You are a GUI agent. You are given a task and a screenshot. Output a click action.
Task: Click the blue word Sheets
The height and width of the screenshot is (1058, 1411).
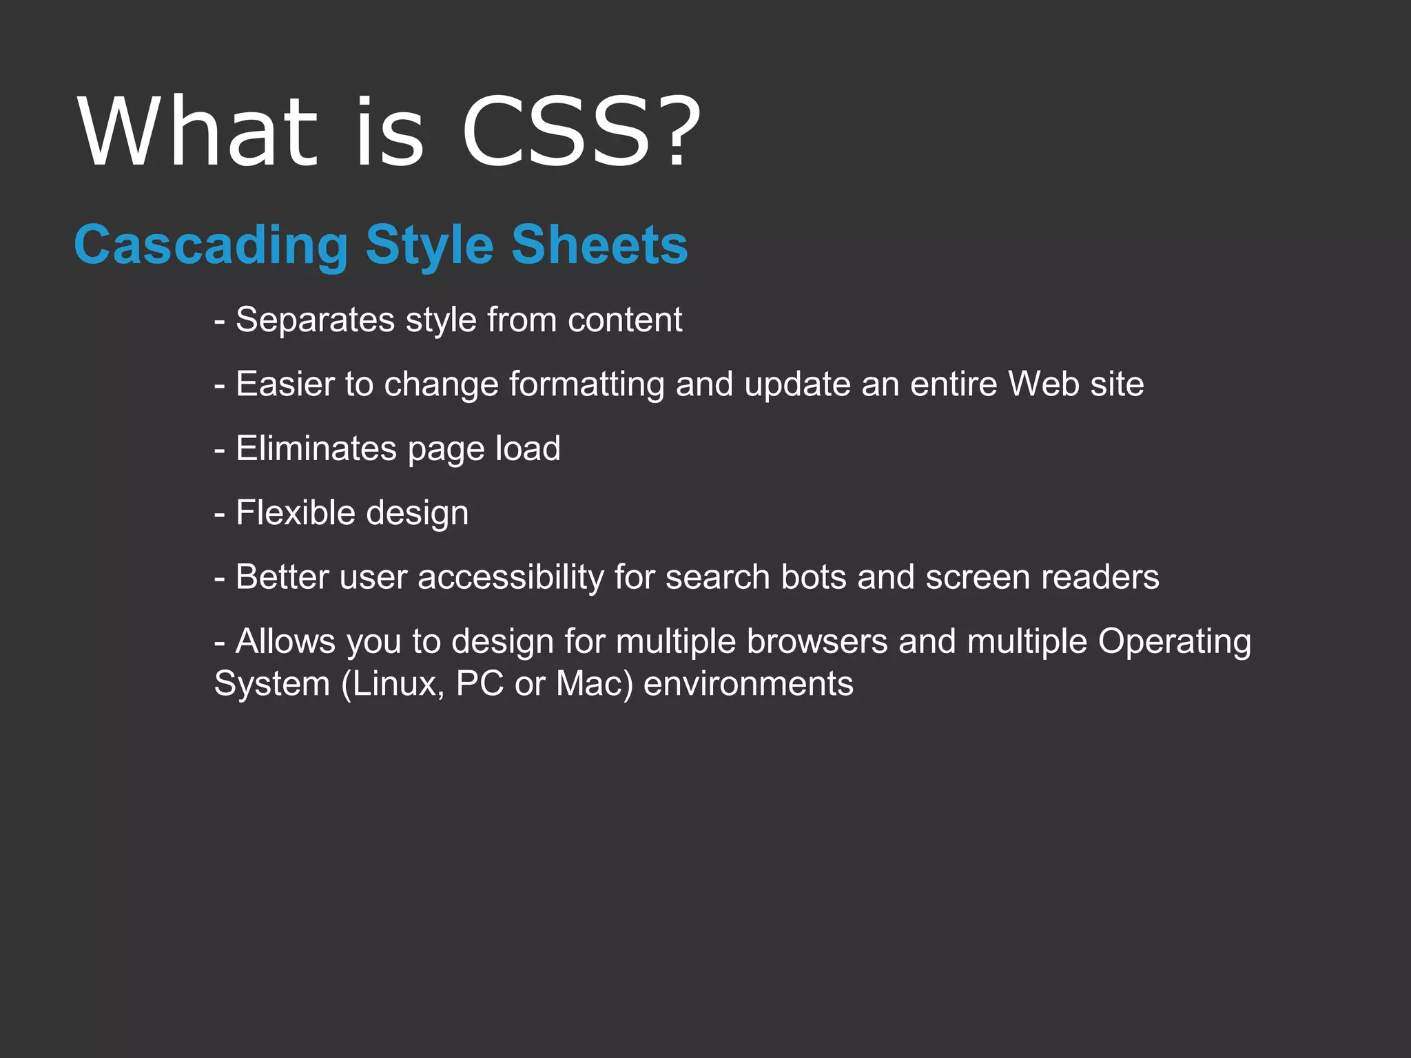coord(599,245)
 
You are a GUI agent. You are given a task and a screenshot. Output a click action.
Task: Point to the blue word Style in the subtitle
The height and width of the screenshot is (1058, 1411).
coord(430,245)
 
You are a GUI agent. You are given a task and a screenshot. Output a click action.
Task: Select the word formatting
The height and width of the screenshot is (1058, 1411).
coord(587,384)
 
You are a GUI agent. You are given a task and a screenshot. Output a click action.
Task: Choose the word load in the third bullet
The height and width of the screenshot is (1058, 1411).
coord(528,449)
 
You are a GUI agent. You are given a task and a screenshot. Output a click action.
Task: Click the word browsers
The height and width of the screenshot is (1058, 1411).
coord(817,642)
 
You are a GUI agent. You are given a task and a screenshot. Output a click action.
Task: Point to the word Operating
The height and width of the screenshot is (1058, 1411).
coord(1175,642)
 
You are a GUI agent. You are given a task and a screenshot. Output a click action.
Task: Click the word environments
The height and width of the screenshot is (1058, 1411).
coord(748,684)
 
